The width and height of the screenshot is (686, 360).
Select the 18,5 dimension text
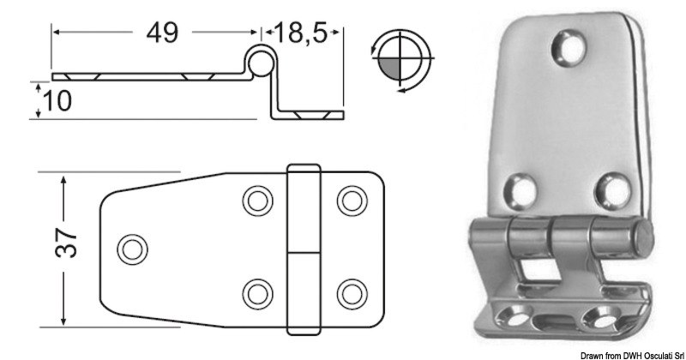(x=304, y=33)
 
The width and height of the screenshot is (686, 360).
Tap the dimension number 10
(x=57, y=100)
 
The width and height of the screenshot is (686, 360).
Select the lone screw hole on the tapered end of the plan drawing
(x=131, y=248)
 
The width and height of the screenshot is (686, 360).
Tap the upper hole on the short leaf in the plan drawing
(x=349, y=201)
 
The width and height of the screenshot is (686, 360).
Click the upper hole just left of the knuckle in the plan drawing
(x=254, y=201)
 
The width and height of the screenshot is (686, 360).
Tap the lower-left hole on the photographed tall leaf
(x=520, y=187)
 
